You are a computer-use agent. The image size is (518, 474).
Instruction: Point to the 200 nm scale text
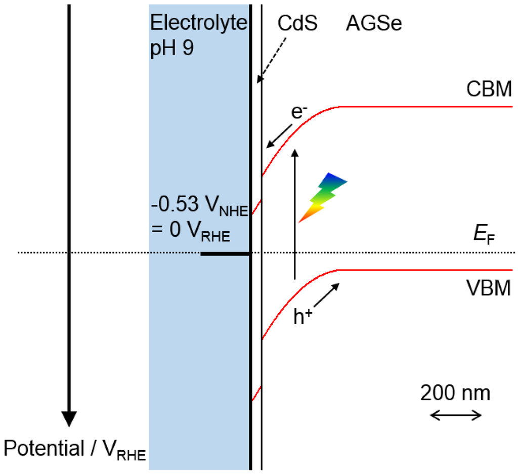pos(455,393)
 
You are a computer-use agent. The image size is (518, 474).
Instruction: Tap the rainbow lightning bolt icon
pos(322,197)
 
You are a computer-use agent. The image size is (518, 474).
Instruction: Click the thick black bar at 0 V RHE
pos(225,253)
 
